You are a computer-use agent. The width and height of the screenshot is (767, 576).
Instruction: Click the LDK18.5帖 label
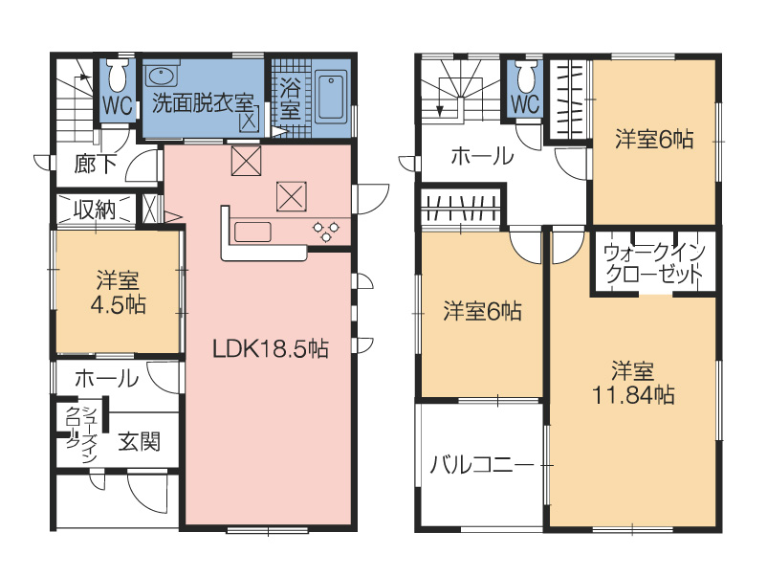click(x=270, y=349)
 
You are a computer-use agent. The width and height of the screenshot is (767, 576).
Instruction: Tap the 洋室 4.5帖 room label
click(x=118, y=293)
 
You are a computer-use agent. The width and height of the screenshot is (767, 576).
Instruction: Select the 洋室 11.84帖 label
click(x=633, y=383)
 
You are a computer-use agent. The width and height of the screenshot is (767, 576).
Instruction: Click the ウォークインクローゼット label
click(x=654, y=264)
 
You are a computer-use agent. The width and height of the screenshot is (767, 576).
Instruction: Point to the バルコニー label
click(x=481, y=465)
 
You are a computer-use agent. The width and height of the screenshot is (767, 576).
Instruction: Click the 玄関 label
click(x=140, y=443)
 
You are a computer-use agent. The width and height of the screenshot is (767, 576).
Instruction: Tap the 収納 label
click(x=95, y=210)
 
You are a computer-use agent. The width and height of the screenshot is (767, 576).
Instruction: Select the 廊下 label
click(x=95, y=165)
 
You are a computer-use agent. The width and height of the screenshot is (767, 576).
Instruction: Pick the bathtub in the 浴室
click(x=332, y=98)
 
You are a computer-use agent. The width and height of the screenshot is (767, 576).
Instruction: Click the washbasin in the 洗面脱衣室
click(x=159, y=76)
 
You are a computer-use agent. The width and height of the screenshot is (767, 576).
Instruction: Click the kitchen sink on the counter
click(x=252, y=232)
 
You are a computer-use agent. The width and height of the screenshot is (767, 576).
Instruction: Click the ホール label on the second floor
click(x=482, y=157)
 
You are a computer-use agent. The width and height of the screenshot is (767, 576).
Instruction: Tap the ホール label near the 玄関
click(x=106, y=379)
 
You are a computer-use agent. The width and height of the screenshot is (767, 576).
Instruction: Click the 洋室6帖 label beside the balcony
click(x=482, y=312)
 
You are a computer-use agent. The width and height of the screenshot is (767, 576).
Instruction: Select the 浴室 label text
click(x=290, y=100)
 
